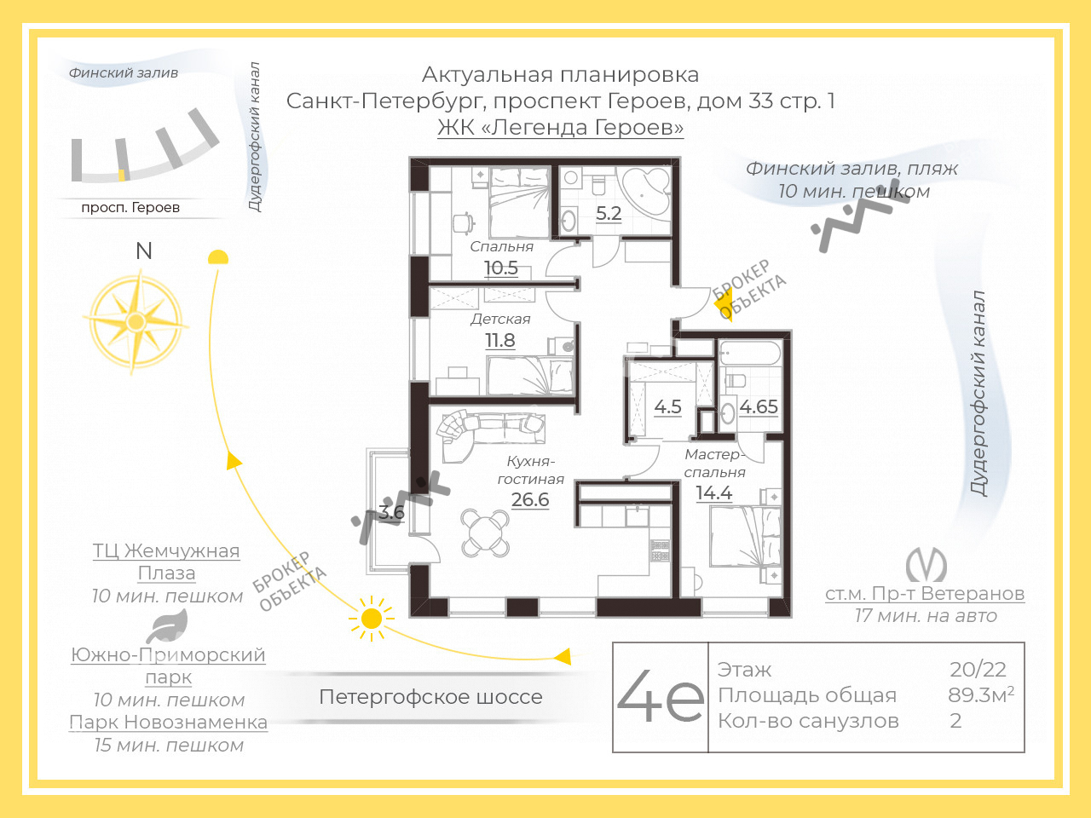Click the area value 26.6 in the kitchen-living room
coord(530,499)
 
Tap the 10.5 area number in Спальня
coord(501,268)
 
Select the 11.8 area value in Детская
coord(500,341)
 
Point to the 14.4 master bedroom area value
coord(713,493)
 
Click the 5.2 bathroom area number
coord(609,214)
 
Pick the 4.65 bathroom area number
coord(759,406)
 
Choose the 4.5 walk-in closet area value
coord(667,406)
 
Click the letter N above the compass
coord(144,251)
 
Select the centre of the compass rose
coord(136,322)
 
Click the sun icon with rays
coord(372,619)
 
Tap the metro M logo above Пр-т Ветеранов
coord(926,565)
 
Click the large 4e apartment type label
coord(661,696)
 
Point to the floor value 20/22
coord(978,670)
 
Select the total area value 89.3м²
coord(981,694)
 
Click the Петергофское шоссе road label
coord(430,697)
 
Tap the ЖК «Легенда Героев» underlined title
coord(560,127)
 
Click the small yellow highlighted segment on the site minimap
coord(122,175)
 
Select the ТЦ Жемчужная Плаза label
coord(166,562)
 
